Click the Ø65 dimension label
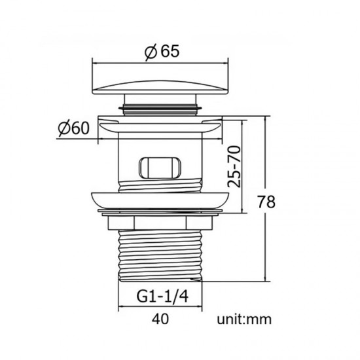pyautogui.click(x=162, y=52)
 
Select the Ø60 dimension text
pyautogui.click(x=73, y=128)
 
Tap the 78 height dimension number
pyautogui.click(x=266, y=202)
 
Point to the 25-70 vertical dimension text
pyautogui.click(x=234, y=166)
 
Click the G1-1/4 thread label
pyautogui.click(x=162, y=296)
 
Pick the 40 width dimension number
pyautogui.click(x=160, y=319)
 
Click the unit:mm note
pyautogui.click(x=244, y=319)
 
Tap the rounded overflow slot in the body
pyautogui.click(x=160, y=168)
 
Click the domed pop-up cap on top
pyautogui.click(x=160, y=87)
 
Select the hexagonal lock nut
pyautogui.click(x=160, y=223)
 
